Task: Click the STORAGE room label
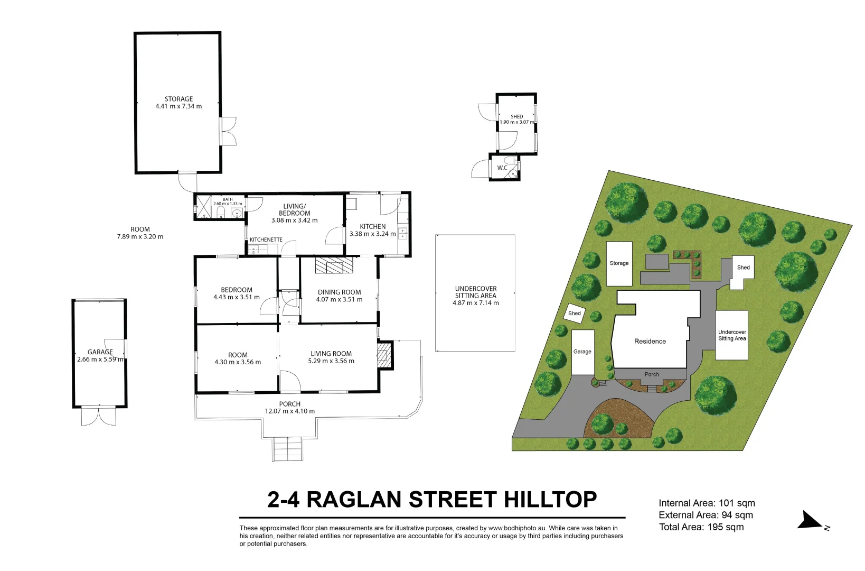[x=178, y=99]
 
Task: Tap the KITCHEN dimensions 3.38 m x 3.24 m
[x=372, y=234]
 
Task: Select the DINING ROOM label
[x=339, y=292]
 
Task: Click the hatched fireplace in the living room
[x=384, y=355]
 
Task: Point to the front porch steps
[x=288, y=449]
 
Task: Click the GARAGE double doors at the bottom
[x=98, y=416]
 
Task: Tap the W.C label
[x=502, y=168]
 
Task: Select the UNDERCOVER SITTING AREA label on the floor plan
[x=475, y=292]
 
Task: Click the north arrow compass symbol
[x=810, y=520]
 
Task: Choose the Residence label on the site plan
[x=650, y=341]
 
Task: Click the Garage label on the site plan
[x=582, y=352]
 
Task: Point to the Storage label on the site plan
[x=619, y=263]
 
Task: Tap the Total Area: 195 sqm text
[x=701, y=527]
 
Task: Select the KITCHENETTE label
[x=266, y=240]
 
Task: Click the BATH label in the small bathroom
[x=228, y=199]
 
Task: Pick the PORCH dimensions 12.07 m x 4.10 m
[x=289, y=411]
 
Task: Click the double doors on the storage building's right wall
[x=228, y=131]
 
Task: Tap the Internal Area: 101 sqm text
[x=706, y=503]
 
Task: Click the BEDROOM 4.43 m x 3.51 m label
[x=236, y=293]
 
